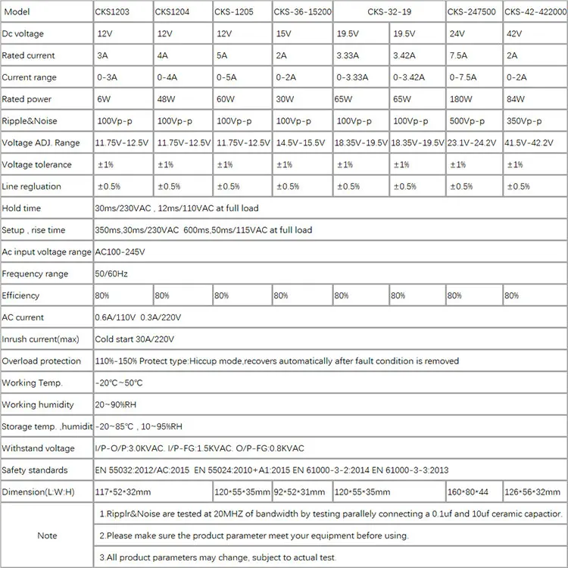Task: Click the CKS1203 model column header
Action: click(x=114, y=12)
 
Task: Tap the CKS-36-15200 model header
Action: click(x=302, y=12)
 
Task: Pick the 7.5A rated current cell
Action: click(x=460, y=56)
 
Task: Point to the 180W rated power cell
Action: click(x=460, y=99)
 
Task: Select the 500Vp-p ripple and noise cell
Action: click(x=467, y=121)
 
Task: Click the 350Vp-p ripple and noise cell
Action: click(x=523, y=121)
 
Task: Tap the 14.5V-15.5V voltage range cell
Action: click(x=302, y=143)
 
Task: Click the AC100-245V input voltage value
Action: click(x=120, y=252)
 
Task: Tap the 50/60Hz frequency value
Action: click(x=112, y=273)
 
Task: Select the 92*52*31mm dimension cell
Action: click(x=299, y=492)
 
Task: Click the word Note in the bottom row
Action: click(x=47, y=535)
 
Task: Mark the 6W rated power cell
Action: click(x=104, y=99)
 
